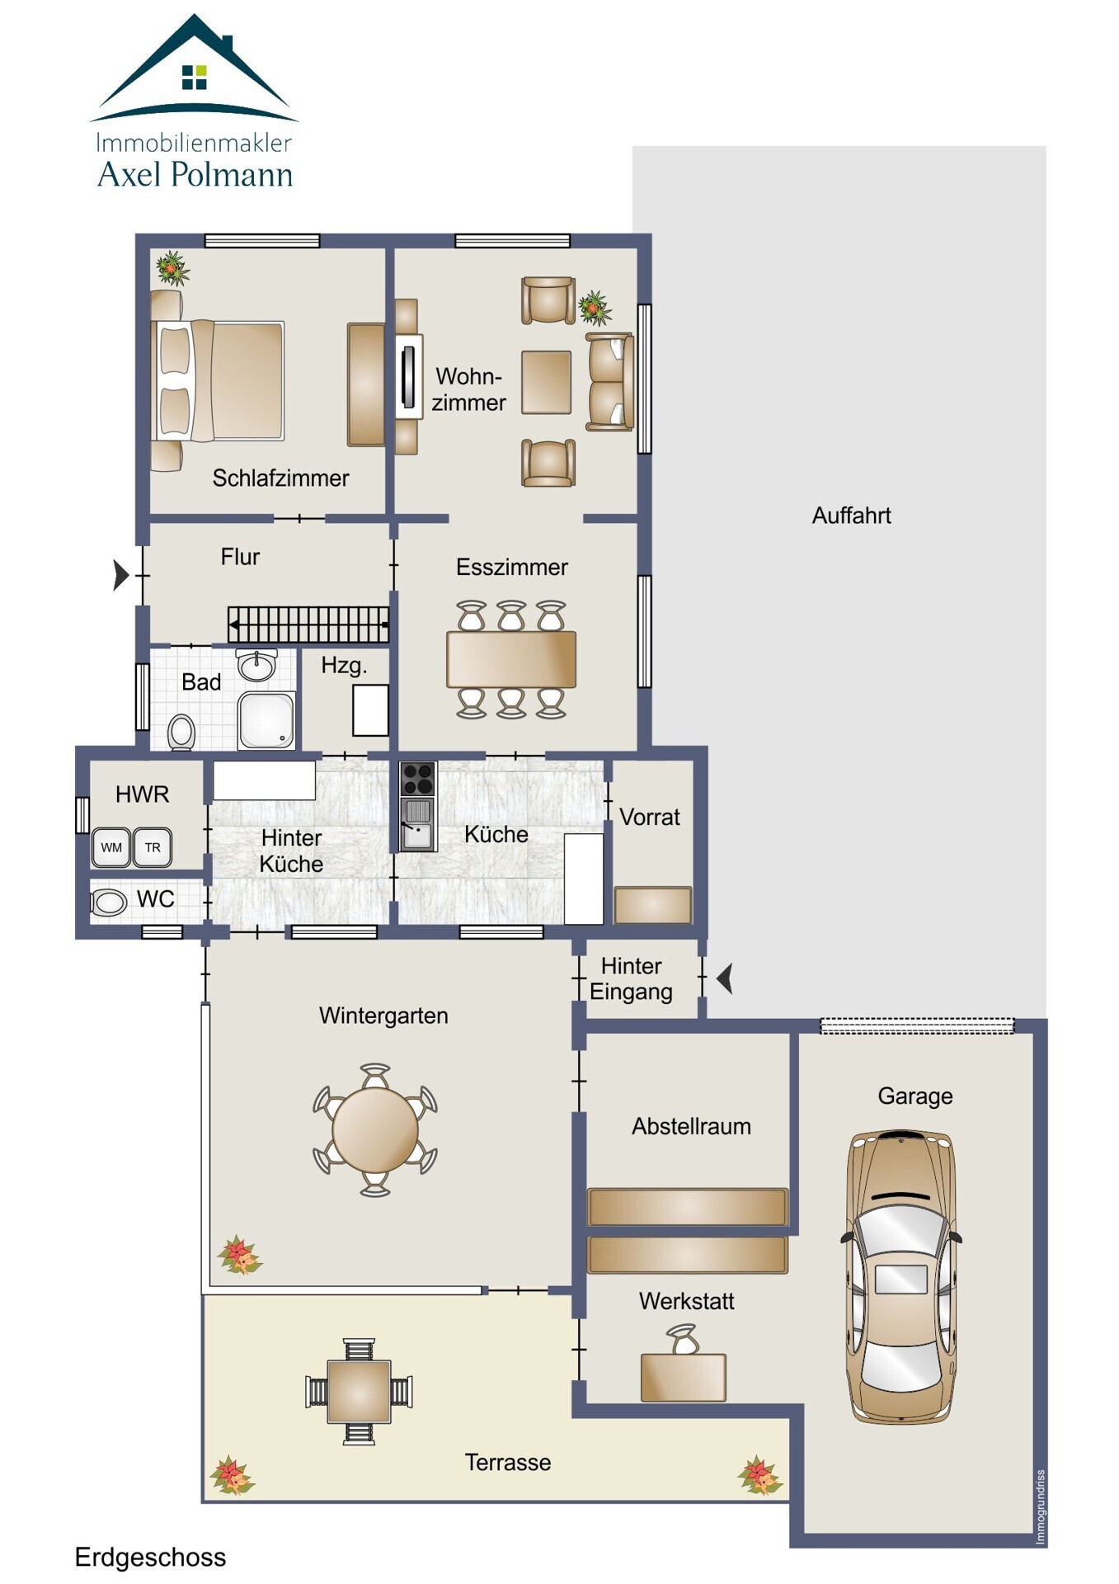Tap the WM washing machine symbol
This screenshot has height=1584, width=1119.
click(111, 847)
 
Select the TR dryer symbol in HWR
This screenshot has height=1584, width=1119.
click(153, 847)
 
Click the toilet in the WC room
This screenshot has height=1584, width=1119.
click(108, 902)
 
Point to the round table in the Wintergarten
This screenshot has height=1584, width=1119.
click(375, 1130)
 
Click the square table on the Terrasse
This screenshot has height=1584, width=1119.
click(359, 1391)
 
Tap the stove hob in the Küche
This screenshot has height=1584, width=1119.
click(417, 778)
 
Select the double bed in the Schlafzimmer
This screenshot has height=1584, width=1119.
click(218, 380)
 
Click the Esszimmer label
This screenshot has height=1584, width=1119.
click(512, 567)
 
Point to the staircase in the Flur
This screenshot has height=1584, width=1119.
click(308, 625)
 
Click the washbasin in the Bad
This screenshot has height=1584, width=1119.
click(256, 664)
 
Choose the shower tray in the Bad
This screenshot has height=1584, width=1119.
click(266, 720)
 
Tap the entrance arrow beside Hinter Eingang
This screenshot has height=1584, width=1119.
click(725, 979)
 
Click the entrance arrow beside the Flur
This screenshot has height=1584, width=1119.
click(121, 575)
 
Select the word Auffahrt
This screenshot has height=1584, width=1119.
click(852, 516)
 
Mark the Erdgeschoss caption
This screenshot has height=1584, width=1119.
click(150, 1557)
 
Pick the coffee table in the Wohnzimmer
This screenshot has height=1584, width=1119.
click(547, 382)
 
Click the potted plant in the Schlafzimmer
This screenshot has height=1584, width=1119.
click(172, 268)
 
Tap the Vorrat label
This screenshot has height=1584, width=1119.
click(650, 817)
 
